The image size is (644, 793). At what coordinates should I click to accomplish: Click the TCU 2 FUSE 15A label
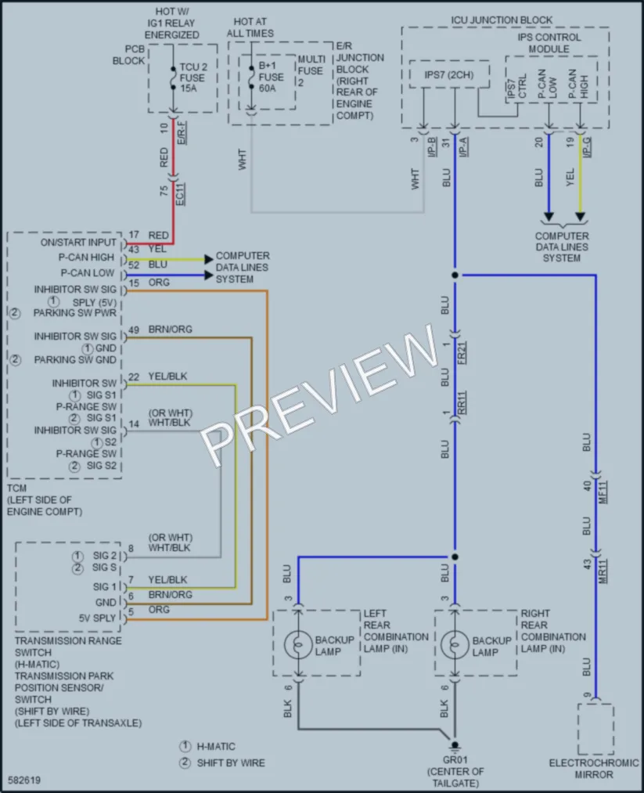tap(192, 77)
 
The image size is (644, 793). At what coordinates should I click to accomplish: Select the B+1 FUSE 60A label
tap(271, 77)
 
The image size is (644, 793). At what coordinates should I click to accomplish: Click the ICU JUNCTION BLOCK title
tap(502, 20)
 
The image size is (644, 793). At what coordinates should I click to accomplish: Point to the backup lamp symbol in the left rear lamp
tap(298, 645)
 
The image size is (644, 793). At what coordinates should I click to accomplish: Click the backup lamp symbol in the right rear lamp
tap(455, 645)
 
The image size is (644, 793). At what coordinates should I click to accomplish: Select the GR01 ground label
tap(455, 759)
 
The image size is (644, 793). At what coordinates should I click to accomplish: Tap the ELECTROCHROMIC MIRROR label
tap(593, 769)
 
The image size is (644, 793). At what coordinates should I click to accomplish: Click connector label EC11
tap(181, 193)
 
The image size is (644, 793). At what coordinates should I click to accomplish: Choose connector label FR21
tap(462, 352)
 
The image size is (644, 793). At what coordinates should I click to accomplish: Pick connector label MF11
tap(603, 492)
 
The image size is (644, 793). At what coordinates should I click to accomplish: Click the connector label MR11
tap(603, 571)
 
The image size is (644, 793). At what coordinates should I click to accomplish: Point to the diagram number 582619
tap(24, 780)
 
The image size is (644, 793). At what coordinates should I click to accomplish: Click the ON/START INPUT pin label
tap(78, 242)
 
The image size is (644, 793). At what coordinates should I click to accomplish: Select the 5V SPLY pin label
tap(98, 618)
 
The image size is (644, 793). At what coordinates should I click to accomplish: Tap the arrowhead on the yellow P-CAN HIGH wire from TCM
tap(209, 259)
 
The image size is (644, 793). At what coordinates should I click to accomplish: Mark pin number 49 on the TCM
tap(134, 330)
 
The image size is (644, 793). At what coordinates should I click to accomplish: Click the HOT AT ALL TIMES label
tap(250, 27)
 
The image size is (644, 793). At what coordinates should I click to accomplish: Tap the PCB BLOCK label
tap(128, 55)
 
